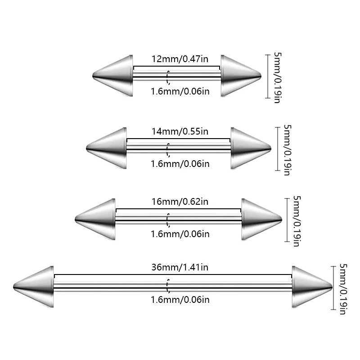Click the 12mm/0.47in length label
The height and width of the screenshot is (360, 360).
[x=176, y=59]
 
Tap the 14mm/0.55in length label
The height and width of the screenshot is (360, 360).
[x=180, y=132]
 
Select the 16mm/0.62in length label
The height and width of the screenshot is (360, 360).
[x=180, y=202]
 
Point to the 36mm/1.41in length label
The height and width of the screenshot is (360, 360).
[x=180, y=267]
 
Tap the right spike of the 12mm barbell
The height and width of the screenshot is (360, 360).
[x=238, y=76]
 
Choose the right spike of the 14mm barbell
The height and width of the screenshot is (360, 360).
[x=249, y=148]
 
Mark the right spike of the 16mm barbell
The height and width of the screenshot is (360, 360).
[x=260, y=219]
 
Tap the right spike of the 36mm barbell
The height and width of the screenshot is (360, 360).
[x=310, y=287]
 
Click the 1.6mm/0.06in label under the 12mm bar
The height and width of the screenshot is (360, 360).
[x=180, y=92]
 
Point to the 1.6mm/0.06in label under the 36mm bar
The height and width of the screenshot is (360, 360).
[x=180, y=299]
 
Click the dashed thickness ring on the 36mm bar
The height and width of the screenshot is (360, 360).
[x=168, y=287]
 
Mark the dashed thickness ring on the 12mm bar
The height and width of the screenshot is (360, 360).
[x=168, y=77]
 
